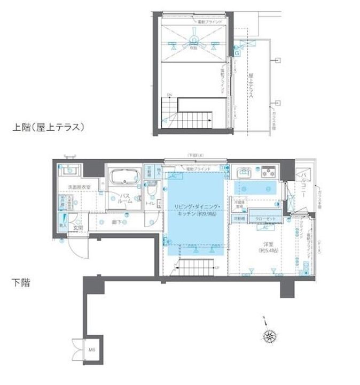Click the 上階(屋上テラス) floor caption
point(50,127)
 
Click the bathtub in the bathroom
point(124,177)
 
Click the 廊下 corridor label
point(116,220)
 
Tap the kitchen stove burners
point(267,173)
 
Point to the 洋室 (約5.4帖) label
point(265,247)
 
